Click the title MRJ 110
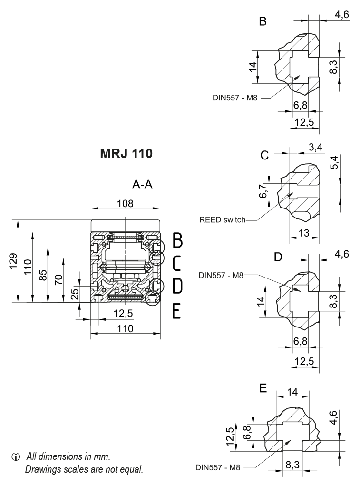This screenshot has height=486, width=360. [x=126, y=155]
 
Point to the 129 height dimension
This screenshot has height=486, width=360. [x=14, y=261]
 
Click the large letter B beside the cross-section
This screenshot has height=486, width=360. [x=177, y=241]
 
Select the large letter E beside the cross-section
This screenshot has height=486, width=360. [x=176, y=311]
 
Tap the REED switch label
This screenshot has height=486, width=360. [x=223, y=220]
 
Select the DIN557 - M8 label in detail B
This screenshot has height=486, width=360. [x=235, y=98]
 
